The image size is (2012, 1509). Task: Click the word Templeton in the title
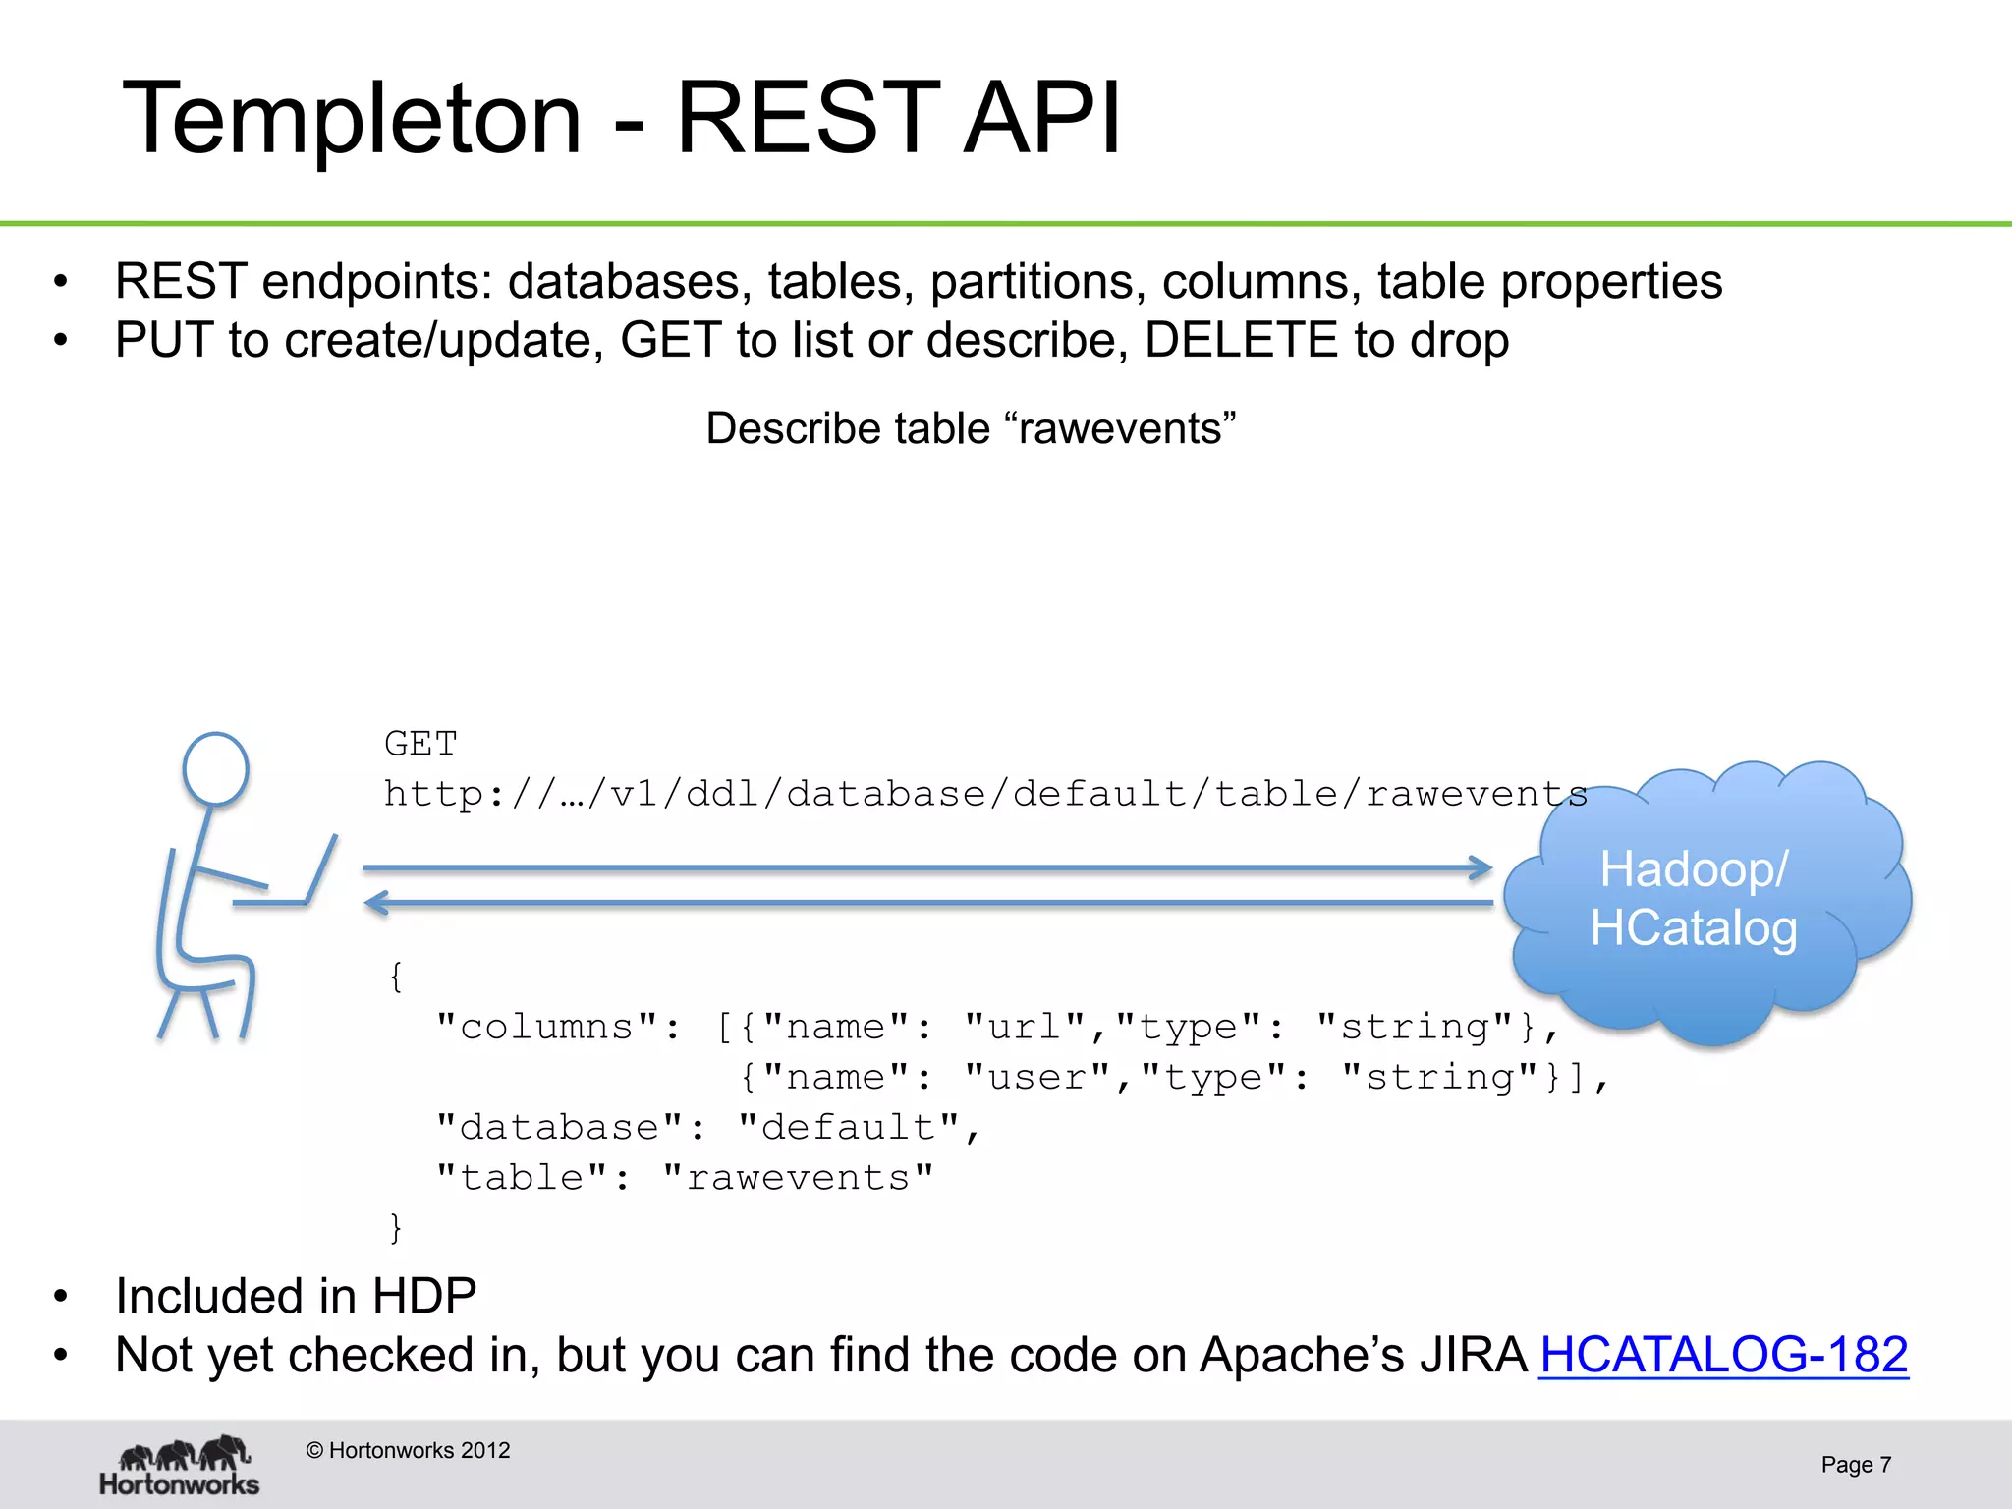[x=352, y=120]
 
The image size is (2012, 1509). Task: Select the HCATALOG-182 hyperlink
[x=1723, y=1355]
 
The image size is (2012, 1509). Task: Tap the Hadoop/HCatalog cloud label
[x=1694, y=899]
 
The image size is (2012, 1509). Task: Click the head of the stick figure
[x=216, y=768]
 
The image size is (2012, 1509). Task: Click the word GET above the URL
[x=420, y=744]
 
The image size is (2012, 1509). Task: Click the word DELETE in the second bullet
[x=1241, y=340]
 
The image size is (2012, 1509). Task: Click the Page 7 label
[x=1855, y=1465]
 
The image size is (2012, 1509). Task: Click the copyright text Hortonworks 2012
[x=408, y=1450]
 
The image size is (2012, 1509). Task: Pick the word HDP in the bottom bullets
[x=423, y=1296]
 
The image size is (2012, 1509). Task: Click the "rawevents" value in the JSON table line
[x=798, y=1177]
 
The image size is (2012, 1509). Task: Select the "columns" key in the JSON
[x=547, y=1027]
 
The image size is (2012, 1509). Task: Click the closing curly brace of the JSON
[x=395, y=1228]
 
